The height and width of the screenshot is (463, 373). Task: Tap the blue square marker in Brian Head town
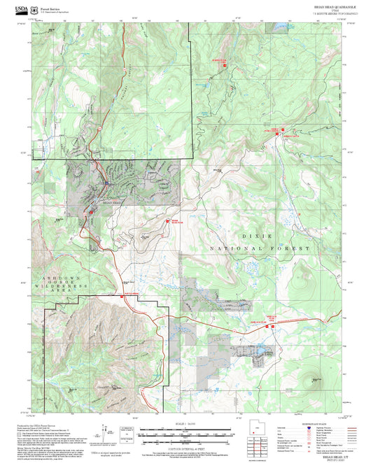(105, 184)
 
